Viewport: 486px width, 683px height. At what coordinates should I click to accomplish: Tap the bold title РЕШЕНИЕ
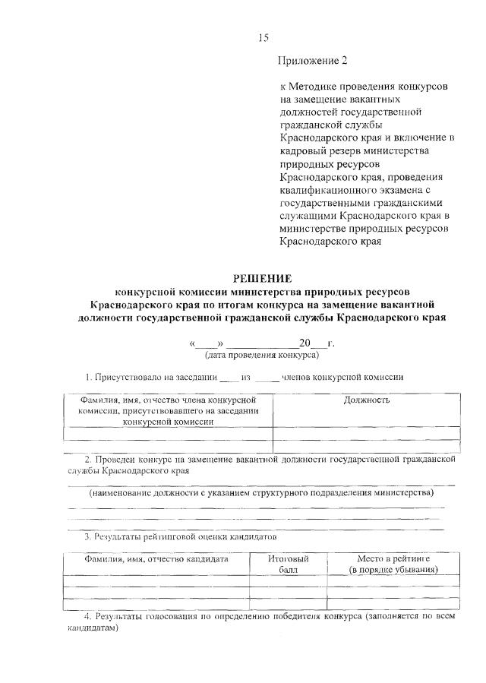[262, 279]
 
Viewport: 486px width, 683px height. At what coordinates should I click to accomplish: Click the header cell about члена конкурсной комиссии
[171, 409]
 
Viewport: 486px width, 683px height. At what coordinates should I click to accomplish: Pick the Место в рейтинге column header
[393, 563]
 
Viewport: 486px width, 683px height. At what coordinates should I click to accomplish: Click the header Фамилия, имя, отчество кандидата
[156, 558]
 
